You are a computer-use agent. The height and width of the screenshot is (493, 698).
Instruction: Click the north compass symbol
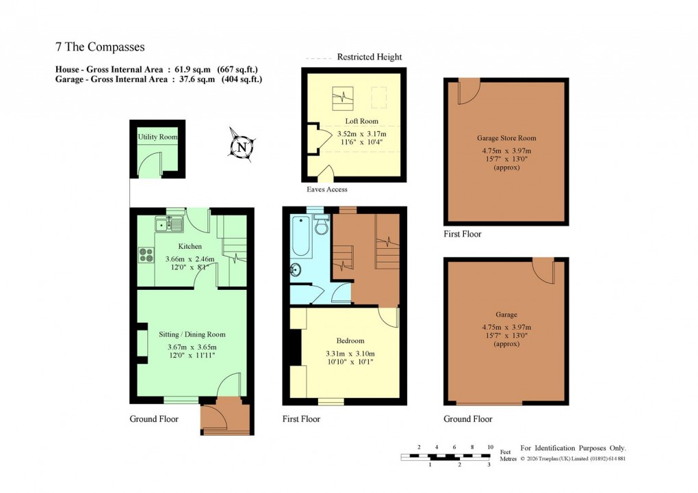pos(241,146)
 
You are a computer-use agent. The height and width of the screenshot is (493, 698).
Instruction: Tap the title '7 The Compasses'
pos(100,47)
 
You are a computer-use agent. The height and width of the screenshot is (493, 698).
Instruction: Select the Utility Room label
pos(157,137)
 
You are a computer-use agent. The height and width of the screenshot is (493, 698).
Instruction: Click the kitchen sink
pos(168,223)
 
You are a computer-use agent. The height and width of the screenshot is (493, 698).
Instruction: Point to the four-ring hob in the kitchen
pos(146,254)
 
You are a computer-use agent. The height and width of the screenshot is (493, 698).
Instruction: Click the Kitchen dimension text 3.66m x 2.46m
pos(190,259)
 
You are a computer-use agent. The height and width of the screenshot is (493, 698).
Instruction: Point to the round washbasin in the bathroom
pos(296,269)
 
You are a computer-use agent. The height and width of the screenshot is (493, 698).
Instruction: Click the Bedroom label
pos(350,341)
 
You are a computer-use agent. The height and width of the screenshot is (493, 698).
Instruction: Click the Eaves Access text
pos(326,189)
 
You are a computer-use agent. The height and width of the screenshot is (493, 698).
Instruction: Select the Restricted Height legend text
pos(370,57)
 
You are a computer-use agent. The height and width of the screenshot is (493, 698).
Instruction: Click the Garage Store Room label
pos(506,137)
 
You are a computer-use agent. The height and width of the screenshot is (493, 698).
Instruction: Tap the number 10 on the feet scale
pos(490,447)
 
